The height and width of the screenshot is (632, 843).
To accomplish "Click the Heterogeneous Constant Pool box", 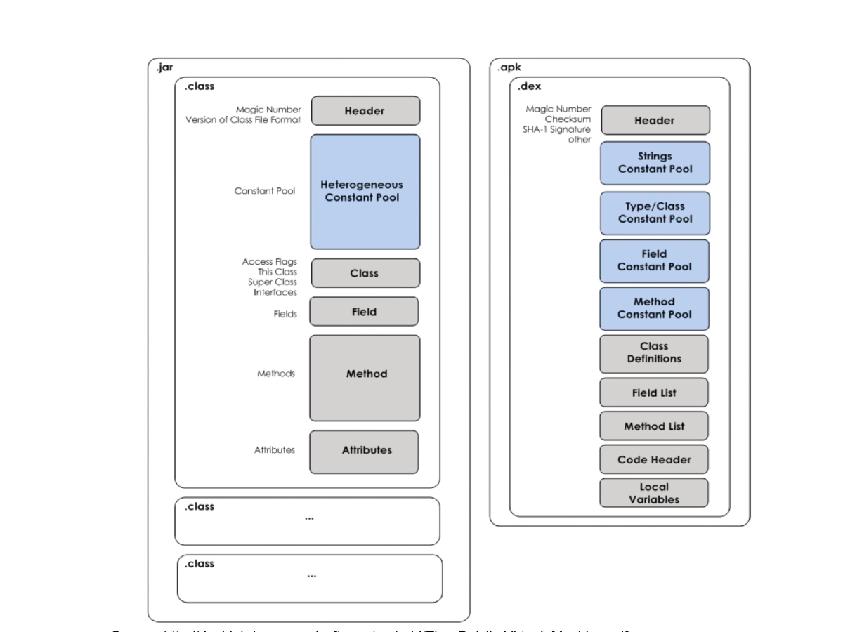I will (x=365, y=192).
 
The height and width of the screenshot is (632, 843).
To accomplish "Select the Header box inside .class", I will (x=365, y=111).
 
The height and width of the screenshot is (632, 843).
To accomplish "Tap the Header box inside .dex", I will (x=655, y=121).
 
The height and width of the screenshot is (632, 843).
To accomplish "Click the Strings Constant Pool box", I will (x=655, y=163).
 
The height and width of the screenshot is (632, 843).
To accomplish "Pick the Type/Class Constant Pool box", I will (x=655, y=213).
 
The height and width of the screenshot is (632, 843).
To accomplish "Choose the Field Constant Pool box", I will (x=655, y=261).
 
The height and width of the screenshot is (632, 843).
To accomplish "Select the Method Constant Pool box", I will (x=655, y=308).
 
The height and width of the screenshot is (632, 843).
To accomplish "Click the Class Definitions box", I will (x=654, y=353).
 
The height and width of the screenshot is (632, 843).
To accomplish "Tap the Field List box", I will (x=654, y=393).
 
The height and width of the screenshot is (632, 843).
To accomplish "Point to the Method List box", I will (x=654, y=426).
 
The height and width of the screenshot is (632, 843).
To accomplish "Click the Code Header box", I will (x=654, y=460).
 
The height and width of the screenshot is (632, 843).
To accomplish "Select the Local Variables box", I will (x=654, y=493).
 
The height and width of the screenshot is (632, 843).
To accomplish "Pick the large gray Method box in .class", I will (x=365, y=378).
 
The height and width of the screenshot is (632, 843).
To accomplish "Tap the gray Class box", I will (x=365, y=273).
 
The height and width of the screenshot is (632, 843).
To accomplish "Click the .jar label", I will (x=164, y=68).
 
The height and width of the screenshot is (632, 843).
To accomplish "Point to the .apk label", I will (x=509, y=68).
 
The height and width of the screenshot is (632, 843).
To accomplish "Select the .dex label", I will (x=529, y=87).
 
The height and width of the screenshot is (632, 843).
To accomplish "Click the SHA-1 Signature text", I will (x=556, y=129).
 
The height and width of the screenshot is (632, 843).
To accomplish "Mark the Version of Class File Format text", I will (x=243, y=119).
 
